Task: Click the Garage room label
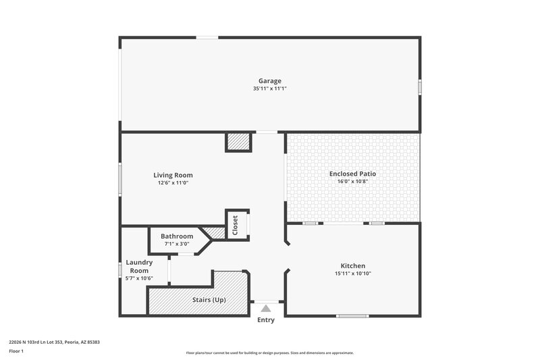tap(270, 81)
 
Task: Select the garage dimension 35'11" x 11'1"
tap(270, 88)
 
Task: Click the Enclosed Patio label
tap(352, 174)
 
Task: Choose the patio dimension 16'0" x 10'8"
tap(352, 181)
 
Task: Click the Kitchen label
tap(352, 265)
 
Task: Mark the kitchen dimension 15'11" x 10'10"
tap(352, 274)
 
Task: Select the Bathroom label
tap(177, 236)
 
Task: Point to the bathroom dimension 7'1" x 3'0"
tap(177, 243)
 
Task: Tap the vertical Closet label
tap(235, 224)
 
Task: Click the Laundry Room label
tap(139, 266)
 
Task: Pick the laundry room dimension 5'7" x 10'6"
tap(139, 278)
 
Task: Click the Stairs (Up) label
tap(210, 299)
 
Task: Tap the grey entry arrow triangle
tap(266, 308)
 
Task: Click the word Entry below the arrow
tap(266, 319)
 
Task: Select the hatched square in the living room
tap(238, 142)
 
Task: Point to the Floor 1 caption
tap(16, 351)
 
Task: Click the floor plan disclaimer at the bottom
tap(270, 353)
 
